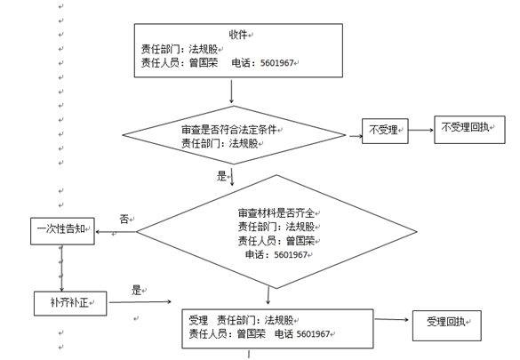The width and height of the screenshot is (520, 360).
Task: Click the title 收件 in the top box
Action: pos(238,34)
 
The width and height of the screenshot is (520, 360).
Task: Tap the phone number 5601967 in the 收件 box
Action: pos(277,62)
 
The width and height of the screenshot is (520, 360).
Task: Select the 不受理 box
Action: pos(385,131)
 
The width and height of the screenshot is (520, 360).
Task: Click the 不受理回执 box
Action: pos(469,130)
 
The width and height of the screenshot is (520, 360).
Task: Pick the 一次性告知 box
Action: pos(62,231)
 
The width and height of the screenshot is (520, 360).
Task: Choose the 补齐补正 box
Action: pos(70,303)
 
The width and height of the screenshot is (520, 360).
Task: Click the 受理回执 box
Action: pos(447,325)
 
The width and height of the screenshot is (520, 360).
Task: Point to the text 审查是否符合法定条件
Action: pos(228,129)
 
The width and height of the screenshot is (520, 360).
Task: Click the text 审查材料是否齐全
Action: pos(276,212)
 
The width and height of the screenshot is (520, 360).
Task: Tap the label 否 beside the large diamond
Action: pos(124,219)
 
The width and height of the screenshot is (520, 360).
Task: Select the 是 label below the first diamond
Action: pos(221,176)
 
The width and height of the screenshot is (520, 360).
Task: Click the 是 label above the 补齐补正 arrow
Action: pos(136,290)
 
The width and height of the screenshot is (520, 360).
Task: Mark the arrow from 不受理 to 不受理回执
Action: pos(421,130)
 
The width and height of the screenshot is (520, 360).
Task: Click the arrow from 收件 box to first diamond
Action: pos(231,92)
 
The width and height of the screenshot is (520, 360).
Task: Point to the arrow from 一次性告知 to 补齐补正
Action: pos(61,268)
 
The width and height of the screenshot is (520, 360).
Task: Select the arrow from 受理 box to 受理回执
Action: pos(391,320)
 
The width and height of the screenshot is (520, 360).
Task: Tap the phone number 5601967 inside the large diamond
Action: pos(291,254)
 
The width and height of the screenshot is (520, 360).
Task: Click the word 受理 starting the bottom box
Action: pos(198,320)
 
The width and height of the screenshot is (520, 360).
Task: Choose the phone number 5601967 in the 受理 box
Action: pos(313,334)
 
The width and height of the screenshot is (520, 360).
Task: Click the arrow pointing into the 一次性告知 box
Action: pos(116,232)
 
